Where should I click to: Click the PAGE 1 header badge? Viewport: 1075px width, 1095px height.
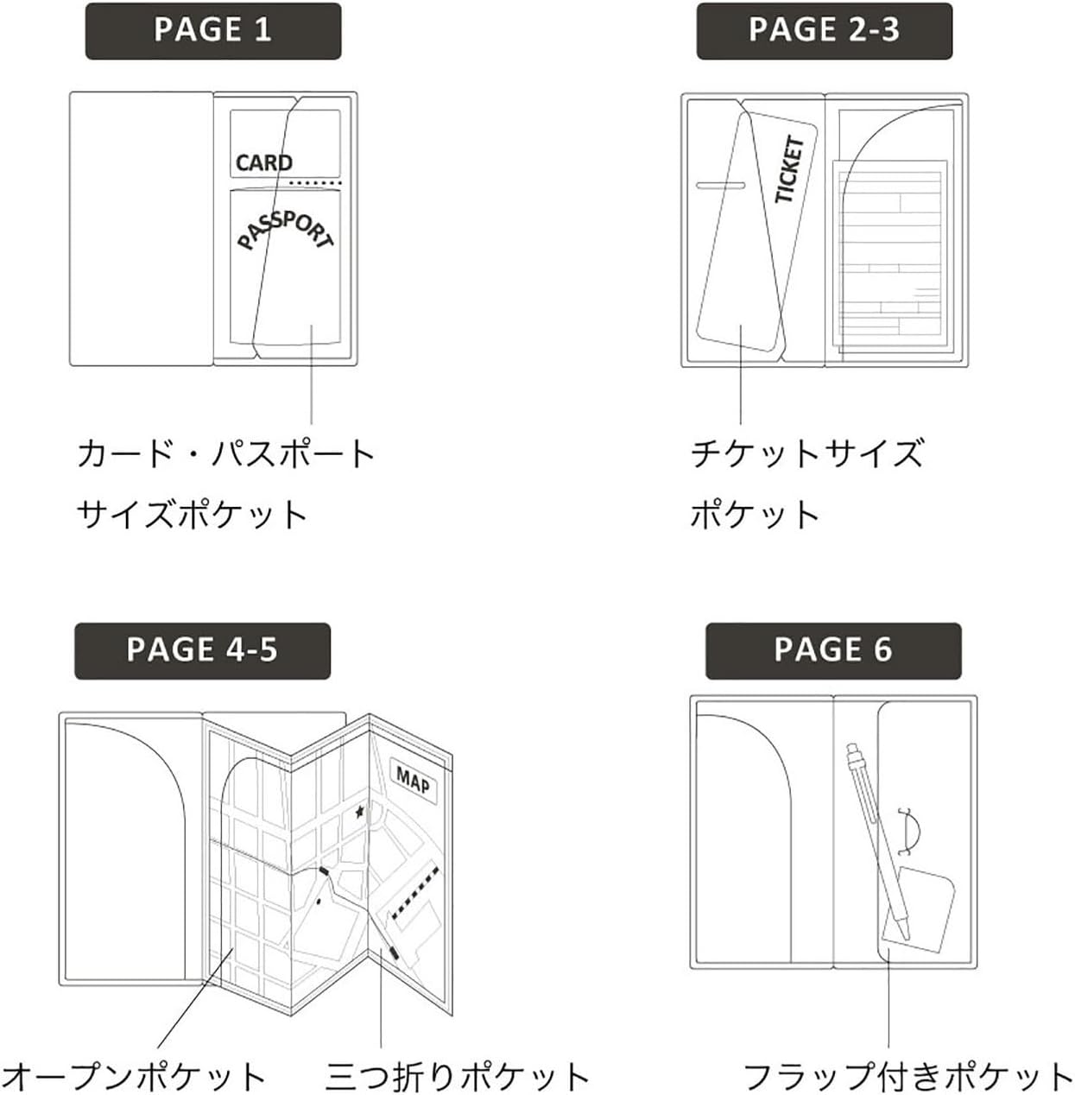(212, 31)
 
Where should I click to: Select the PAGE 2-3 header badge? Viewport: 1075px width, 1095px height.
(824, 31)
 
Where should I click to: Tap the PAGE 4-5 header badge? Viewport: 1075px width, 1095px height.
(202, 650)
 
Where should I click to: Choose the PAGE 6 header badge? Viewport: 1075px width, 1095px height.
(832, 650)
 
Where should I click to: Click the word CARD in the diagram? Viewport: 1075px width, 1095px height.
(264, 162)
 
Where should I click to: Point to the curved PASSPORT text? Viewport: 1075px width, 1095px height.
(285, 230)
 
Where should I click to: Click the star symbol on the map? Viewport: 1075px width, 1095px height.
(360, 812)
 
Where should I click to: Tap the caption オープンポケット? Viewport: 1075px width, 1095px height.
(135, 1076)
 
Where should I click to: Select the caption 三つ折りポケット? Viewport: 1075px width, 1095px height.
(458, 1076)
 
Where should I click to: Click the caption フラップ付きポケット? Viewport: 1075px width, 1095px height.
(907, 1076)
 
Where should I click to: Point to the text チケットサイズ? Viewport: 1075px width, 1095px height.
(806, 454)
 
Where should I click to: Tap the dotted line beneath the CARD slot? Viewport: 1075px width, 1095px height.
(316, 183)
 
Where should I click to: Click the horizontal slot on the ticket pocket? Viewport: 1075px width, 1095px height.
(721, 185)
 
